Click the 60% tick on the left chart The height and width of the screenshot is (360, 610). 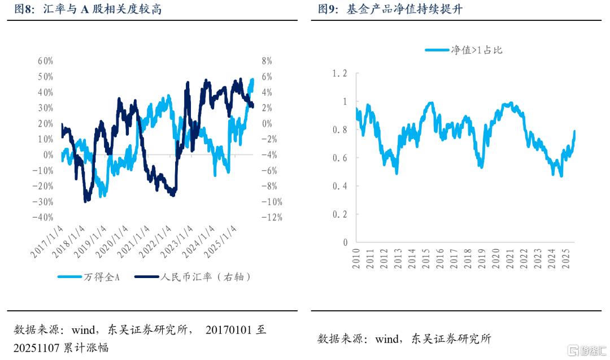46,61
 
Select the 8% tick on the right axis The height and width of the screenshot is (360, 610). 266,61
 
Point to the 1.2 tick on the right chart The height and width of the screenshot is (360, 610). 340,73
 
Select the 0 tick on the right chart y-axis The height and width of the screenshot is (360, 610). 345,242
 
